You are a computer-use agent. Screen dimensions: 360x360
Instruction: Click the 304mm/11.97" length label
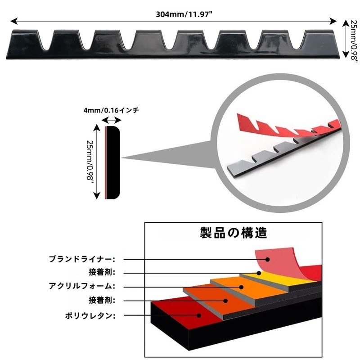click(x=184, y=14)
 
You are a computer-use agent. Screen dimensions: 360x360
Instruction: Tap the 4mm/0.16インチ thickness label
click(x=111, y=111)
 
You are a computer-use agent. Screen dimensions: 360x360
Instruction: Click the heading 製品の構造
click(x=233, y=233)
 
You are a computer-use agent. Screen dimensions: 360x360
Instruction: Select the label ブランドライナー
click(x=82, y=259)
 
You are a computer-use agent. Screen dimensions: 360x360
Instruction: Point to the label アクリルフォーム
click(x=82, y=286)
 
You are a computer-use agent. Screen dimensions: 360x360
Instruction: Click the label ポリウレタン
click(x=90, y=316)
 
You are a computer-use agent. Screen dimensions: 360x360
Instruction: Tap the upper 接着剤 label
click(x=102, y=273)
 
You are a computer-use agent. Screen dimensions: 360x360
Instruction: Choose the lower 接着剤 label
click(x=102, y=300)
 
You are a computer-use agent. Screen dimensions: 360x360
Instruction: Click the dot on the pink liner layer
click(x=267, y=260)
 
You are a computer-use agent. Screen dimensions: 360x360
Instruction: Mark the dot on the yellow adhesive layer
click(x=259, y=273)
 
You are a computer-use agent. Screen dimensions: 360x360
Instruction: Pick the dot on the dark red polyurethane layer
click(x=199, y=315)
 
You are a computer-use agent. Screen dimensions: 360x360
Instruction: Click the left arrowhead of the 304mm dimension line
click(x=14, y=21)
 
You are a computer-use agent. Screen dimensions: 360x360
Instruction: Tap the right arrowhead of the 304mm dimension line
click(x=333, y=21)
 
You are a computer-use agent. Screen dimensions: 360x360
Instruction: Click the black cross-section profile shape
click(x=113, y=162)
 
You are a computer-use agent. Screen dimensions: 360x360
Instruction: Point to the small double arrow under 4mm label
click(x=111, y=120)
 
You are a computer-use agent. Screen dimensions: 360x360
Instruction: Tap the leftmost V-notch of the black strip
click(x=46, y=40)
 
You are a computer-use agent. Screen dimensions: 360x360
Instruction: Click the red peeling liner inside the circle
click(x=287, y=126)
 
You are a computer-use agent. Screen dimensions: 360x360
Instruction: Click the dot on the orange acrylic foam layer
click(x=241, y=287)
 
